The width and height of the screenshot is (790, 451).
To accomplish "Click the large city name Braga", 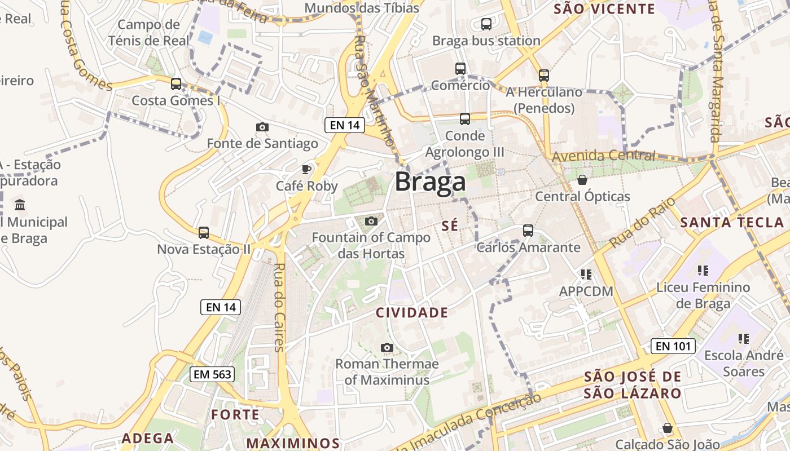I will click(x=430, y=182).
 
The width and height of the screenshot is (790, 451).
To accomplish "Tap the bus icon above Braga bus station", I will click(x=486, y=24).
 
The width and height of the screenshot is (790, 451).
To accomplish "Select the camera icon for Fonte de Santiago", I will click(x=262, y=127).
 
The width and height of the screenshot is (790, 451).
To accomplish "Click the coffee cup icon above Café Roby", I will click(x=306, y=169).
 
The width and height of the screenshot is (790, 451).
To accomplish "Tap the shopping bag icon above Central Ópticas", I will click(x=582, y=180).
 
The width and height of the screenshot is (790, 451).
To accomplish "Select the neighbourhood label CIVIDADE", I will click(x=412, y=312).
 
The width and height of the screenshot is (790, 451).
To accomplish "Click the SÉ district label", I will click(x=450, y=226).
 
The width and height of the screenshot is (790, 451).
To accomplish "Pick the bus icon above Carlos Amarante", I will click(x=528, y=230).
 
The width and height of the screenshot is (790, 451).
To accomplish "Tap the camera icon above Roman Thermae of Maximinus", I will click(x=387, y=347).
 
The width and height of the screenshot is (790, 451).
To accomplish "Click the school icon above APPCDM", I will click(x=586, y=275).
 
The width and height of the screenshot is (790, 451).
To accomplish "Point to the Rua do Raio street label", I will click(x=634, y=223).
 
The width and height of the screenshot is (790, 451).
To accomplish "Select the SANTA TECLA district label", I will click(x=732, y=222).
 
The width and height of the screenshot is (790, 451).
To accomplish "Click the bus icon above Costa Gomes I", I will click(x=176, y=84).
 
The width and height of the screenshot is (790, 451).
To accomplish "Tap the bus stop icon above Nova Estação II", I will click(x=204, y=232).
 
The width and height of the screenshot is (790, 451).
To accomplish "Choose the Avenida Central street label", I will click(x=603, y=156).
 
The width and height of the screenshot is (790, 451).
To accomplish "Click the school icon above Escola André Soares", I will click(x=743, y=339).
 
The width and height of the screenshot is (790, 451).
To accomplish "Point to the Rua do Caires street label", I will click(x=279, y=307).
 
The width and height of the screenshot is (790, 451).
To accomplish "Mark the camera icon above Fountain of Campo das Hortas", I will click(x=371, y=221).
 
